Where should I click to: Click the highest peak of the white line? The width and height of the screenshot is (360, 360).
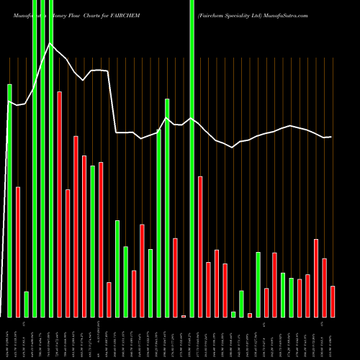pos(50,44)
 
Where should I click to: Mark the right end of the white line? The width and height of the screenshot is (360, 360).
pos(332,137)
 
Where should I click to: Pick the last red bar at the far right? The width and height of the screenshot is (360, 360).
pos(333,301)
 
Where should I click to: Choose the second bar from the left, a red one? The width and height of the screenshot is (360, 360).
pos(18,251)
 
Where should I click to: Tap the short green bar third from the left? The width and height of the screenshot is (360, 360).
pos(27,304)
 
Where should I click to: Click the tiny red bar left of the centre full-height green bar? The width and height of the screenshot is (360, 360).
pos(184,316)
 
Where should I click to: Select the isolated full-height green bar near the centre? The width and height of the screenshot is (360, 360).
pos(192,158)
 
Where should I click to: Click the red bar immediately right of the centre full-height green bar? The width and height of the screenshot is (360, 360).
pos(200,246)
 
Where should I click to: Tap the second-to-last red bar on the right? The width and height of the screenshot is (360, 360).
pos(324,287)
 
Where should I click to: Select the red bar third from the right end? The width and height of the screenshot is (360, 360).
pos(316,277)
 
